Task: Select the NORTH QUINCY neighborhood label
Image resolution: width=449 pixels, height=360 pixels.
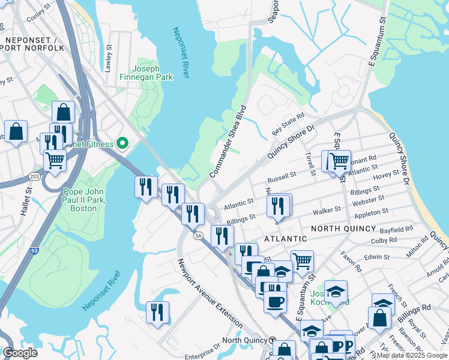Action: tap(343, 229)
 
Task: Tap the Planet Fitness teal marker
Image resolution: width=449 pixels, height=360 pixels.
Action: tap(122, 143)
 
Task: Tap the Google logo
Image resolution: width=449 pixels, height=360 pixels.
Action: tap(20, 352)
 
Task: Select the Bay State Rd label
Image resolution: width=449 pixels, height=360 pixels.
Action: tap(288, 123)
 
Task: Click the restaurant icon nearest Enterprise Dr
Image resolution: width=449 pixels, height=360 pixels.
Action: tap(157, 312)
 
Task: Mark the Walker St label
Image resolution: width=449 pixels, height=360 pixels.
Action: tap(327, 210)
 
